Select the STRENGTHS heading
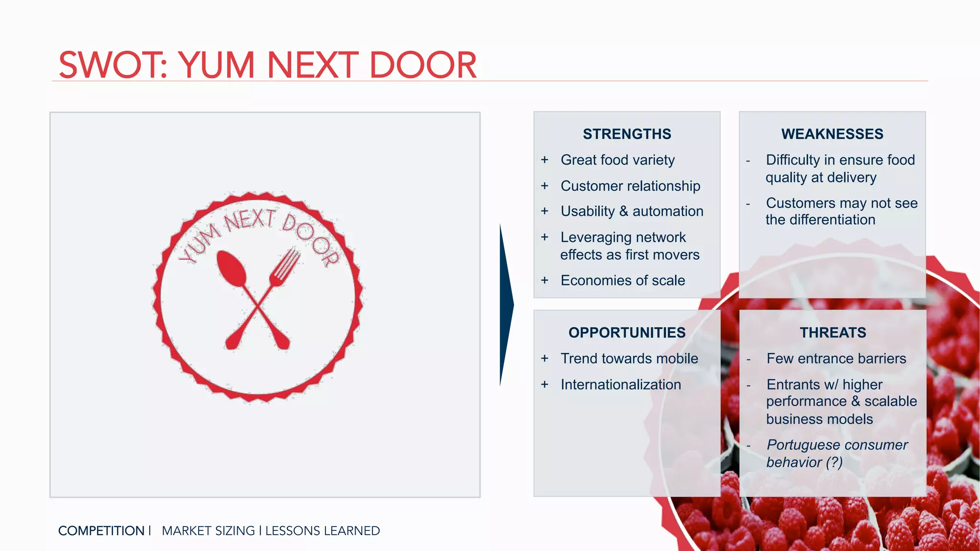coord(627,134)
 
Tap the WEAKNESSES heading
coord(832,134)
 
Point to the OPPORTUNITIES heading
coord(627,332)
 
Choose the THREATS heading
coord(833,332)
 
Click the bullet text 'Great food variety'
coord(617,160)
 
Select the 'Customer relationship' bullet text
coord(630,186)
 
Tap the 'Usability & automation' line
coord(632,211)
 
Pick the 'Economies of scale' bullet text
coord(623,280)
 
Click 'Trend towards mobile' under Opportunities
coord(629,358)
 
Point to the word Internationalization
coord(621,385)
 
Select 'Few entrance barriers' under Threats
coord(836,358)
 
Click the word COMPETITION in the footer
coord(101,531)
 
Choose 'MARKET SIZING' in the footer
coord(208,531)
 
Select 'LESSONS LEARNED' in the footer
coord(323,531)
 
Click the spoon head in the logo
coord(231,268)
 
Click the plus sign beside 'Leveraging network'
coord(545,237)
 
